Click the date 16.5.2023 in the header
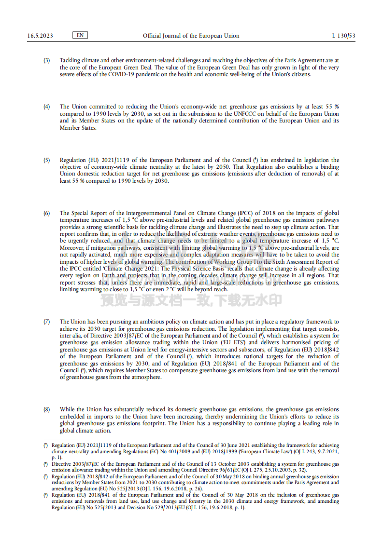[40, 36]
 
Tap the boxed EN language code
[80, 35]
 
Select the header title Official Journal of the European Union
[191, 36]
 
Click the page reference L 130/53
[344, 36]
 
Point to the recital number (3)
[47, 60]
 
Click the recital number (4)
[47, 107]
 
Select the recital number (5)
[47, 160]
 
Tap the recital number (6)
[47, 213]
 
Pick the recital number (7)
[47, 322]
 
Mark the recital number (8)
[47, 409]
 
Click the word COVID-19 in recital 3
[123, 74]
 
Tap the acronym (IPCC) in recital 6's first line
[245, 213]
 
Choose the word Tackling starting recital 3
[71, 60]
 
